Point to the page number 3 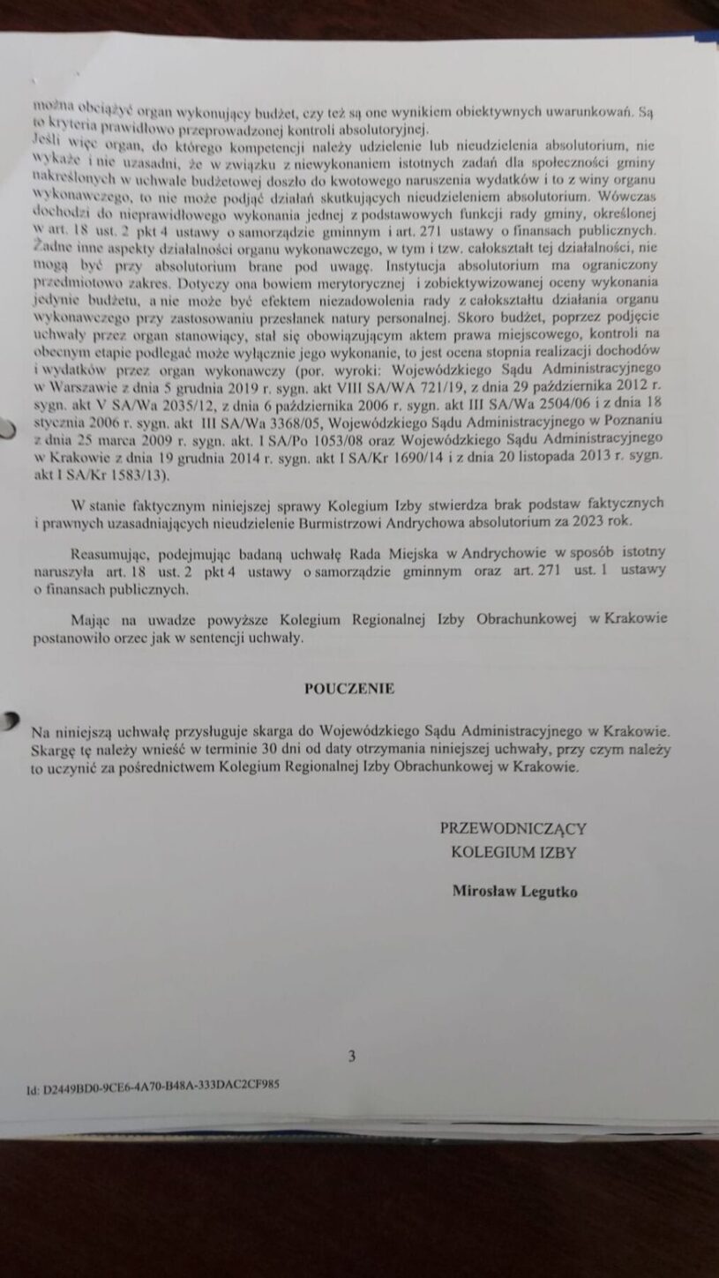coord(352,1056)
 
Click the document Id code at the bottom coord(154,1088)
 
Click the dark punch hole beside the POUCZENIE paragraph coord(9,720)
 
